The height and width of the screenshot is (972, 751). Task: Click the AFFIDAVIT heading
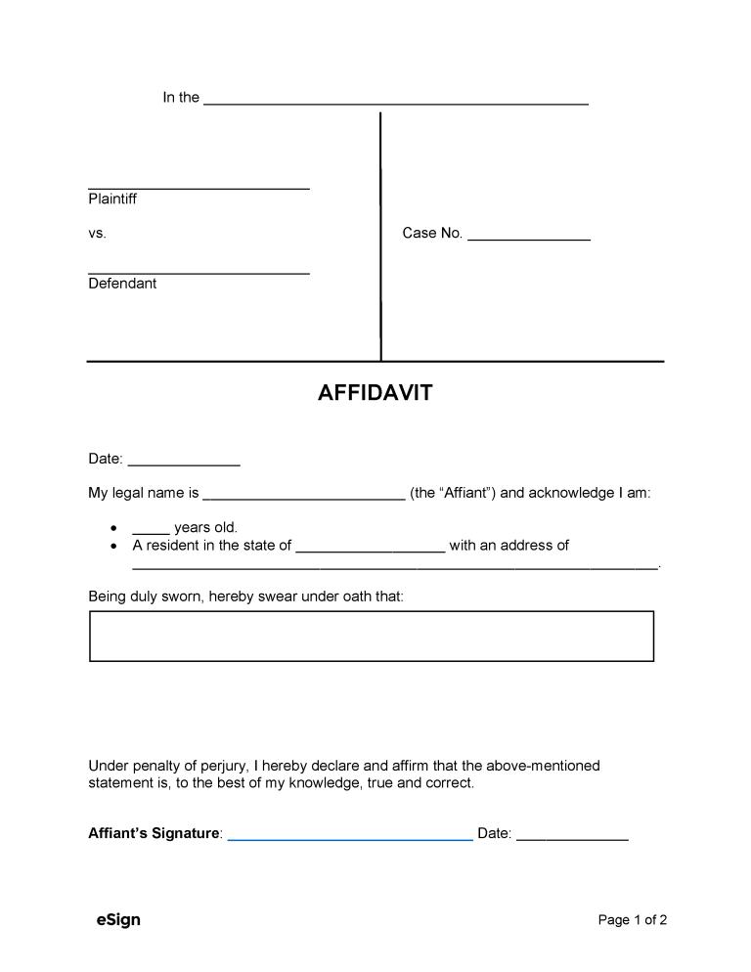pos(375,393)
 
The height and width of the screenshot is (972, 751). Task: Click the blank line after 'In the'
pos(395,102)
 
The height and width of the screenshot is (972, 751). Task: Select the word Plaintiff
pos(112,199)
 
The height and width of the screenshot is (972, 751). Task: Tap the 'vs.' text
pos(97,234)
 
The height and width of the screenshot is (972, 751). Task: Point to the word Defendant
pos(122,284)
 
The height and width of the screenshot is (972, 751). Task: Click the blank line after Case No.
pos(528,238)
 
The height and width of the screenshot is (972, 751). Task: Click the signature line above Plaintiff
pos(199,186)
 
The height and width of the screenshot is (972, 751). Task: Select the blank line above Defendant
pos(199,272)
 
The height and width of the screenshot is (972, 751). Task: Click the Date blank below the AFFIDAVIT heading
pos(184,463)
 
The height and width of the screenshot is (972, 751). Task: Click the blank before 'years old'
pos(151,532)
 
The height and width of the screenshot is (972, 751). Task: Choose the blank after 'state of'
pos(370,550)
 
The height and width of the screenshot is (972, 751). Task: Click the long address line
pos(395,566)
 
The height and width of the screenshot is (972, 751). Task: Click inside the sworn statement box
pos(372,637)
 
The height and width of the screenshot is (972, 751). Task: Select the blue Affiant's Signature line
pos(350,838)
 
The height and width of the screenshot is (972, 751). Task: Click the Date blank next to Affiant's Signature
pos(572,838)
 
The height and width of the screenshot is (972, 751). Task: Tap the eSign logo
pos(118,920)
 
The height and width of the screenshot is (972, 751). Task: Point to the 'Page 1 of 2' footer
pos(632,920)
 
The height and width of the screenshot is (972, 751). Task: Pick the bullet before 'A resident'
pos(115,546)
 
